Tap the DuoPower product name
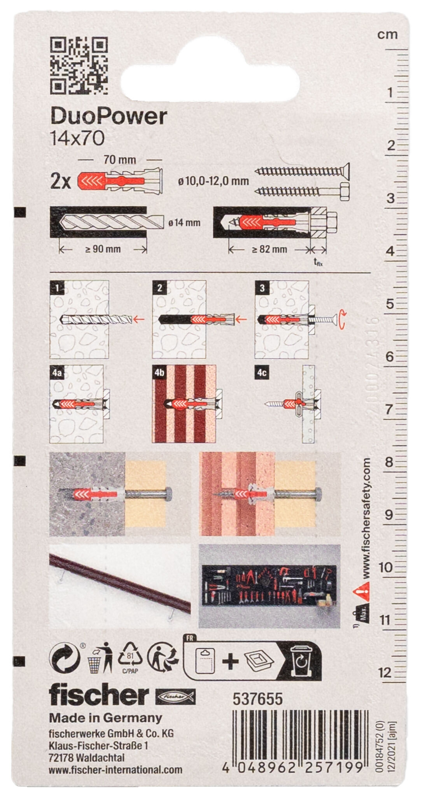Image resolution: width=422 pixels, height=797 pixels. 109,116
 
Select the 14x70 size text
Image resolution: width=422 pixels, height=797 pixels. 77,139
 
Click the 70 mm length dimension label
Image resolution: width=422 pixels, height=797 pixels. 120,160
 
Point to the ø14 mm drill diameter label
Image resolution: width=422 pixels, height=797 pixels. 184,223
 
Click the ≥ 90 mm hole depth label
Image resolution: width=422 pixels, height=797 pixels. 103,249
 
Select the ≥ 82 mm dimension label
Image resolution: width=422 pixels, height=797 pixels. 269,249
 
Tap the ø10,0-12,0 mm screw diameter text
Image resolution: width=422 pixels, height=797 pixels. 214,181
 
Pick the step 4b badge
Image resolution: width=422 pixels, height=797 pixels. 159,373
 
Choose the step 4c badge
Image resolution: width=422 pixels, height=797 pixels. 262,373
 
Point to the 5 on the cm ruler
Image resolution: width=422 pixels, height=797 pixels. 390,304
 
